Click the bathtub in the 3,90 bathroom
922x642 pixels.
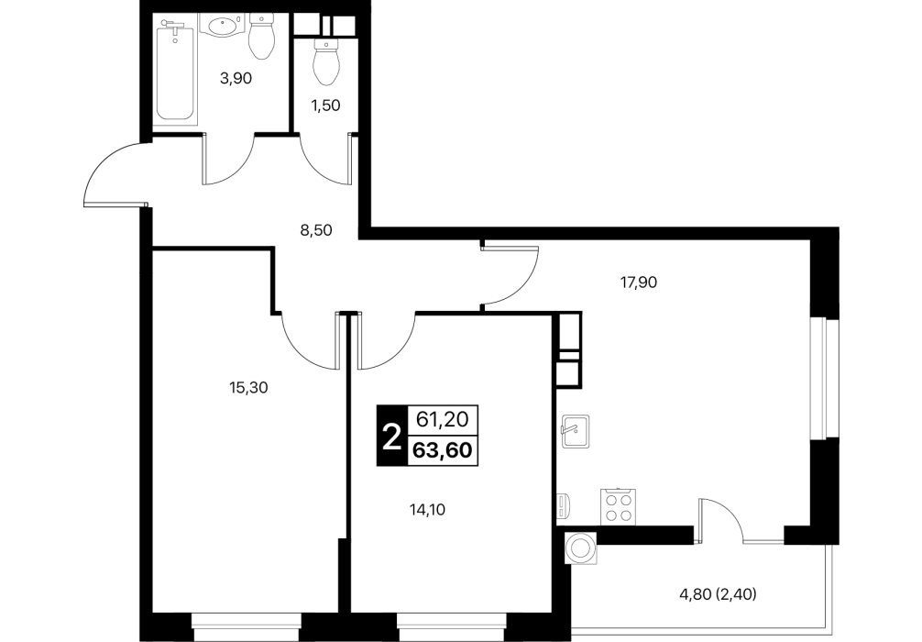pos(175,70)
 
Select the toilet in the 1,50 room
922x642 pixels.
pos(325,62)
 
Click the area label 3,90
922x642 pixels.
pos(236,78)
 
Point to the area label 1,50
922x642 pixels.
pos(325,105)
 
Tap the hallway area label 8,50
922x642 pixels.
pos(316,230)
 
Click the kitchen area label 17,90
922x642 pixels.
pos(639,282)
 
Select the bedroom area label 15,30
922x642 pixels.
pos(247,387)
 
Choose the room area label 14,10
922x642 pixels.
pos(427,510)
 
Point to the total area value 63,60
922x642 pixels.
pos(442,450)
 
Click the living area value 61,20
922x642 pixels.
pos(442,419)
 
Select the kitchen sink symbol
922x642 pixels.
pos(575,431)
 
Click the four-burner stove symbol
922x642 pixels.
pos(618,506)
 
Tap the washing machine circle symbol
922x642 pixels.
pos(581,548)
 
